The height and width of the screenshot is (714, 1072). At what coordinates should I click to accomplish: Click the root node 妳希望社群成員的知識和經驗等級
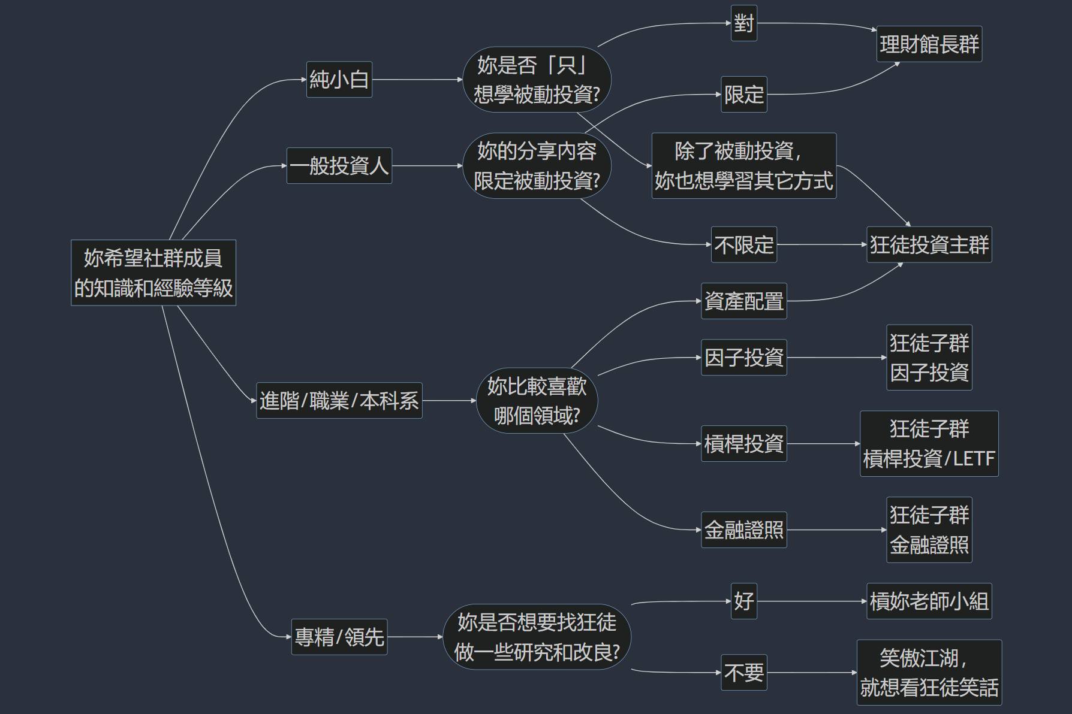153,273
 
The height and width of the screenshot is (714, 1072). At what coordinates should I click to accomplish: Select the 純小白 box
339,79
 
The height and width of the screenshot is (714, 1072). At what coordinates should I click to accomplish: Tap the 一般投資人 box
339,165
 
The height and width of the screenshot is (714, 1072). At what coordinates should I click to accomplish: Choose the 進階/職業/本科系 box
339,400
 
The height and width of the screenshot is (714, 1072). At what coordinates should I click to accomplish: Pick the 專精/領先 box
339,636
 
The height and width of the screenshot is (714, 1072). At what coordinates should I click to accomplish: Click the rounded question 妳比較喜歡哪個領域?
537,400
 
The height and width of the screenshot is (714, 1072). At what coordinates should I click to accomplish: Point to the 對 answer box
743,23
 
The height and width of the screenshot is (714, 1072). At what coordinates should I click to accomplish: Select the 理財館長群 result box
929,44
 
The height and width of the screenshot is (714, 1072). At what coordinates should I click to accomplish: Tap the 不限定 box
743,244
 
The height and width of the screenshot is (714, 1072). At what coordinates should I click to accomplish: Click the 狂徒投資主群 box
929,244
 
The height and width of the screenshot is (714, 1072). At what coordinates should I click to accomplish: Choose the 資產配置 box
743,301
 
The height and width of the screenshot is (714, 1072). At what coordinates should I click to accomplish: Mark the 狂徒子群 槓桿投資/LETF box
929,443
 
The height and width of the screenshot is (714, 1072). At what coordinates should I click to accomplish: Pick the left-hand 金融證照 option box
743,530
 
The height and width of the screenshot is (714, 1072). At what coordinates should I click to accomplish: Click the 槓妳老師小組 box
929,601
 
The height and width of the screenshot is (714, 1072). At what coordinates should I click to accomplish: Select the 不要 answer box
743,672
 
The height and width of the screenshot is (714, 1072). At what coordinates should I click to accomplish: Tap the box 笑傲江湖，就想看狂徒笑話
929,672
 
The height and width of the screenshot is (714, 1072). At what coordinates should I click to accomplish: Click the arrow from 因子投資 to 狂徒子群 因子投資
836,358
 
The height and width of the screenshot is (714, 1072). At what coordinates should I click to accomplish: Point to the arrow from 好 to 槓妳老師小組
811,601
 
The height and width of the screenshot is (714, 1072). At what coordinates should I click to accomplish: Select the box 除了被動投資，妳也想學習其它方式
743,165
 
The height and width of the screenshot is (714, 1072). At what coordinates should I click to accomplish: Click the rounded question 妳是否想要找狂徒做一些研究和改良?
537,636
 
